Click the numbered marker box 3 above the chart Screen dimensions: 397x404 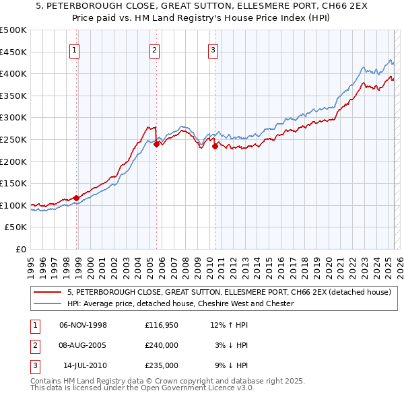213,48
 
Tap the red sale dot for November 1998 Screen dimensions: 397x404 77,198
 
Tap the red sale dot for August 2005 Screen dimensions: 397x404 156,143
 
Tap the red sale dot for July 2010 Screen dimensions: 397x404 215,145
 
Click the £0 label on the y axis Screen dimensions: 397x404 20,249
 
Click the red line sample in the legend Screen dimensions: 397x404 48,293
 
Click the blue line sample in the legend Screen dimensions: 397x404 48,303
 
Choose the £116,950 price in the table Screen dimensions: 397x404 162,325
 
